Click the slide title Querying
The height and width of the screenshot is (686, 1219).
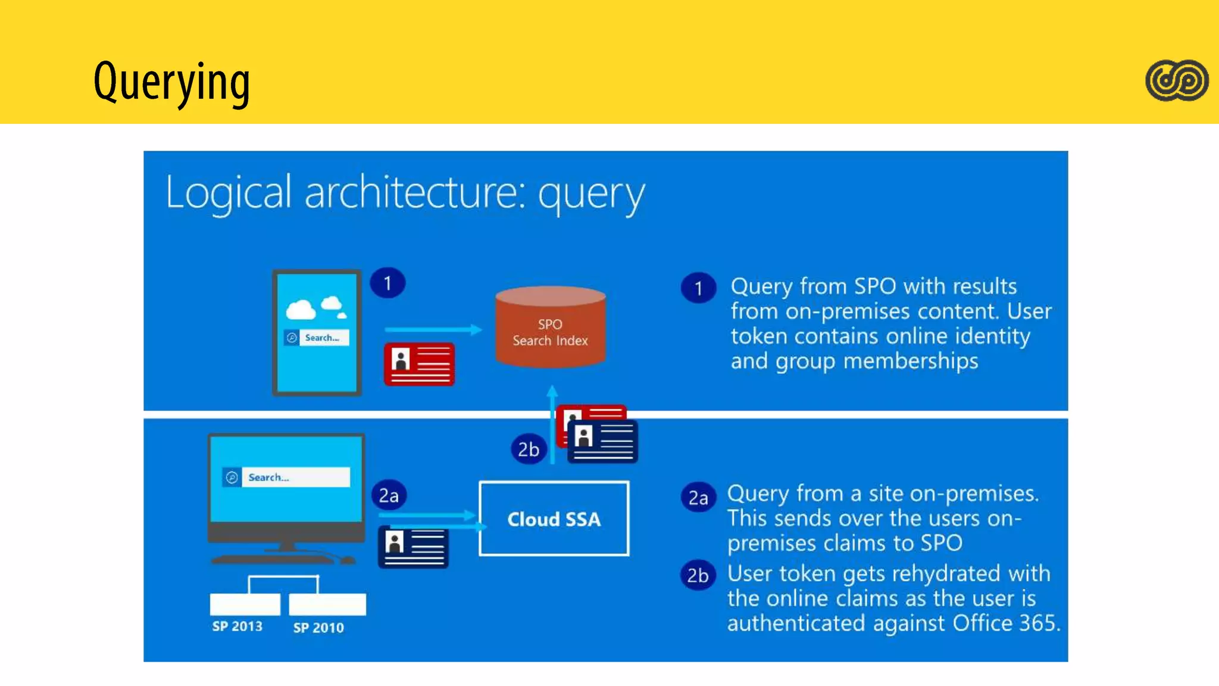[171, 82]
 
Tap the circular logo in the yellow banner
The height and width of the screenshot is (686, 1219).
[1176, 80]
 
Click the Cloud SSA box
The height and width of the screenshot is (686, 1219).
[554, 519]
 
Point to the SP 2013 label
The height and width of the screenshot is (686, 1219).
[237, 626]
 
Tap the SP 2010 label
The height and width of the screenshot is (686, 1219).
[318, 628]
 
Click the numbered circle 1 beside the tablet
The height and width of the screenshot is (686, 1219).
[387, 283]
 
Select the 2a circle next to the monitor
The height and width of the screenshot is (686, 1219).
[389, 495]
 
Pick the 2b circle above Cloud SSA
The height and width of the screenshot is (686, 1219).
[528, 449]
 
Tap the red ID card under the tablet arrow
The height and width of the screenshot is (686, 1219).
[419, 364]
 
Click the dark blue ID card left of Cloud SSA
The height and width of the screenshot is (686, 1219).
[413, 547]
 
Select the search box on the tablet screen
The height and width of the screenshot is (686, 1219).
[317, 338]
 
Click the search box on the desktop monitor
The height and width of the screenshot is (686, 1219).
[286, 477]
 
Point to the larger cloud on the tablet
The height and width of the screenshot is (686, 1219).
[301, 310]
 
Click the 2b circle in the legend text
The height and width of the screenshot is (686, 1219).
[698, 575]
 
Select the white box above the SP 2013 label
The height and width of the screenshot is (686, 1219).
[245, 604]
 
